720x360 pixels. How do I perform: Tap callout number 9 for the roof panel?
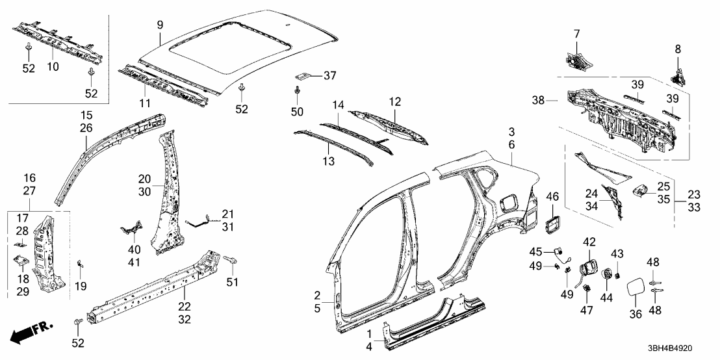point(160,26)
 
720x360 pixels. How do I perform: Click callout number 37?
point(329,75)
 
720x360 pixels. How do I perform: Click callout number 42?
point(589,242)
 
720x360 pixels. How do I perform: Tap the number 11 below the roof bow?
point(144,104)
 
